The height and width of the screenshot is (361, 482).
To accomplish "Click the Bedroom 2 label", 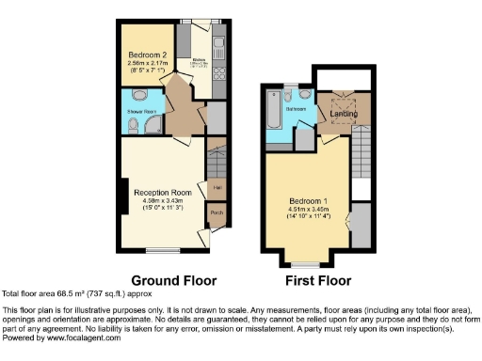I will (145, 54).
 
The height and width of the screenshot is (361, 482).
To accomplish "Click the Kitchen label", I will (199, 59).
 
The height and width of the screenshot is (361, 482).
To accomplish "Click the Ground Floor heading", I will (173, 280).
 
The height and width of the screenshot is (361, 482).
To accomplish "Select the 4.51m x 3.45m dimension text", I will (298, 212).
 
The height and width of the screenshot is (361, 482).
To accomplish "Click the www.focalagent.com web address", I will (88, 337).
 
